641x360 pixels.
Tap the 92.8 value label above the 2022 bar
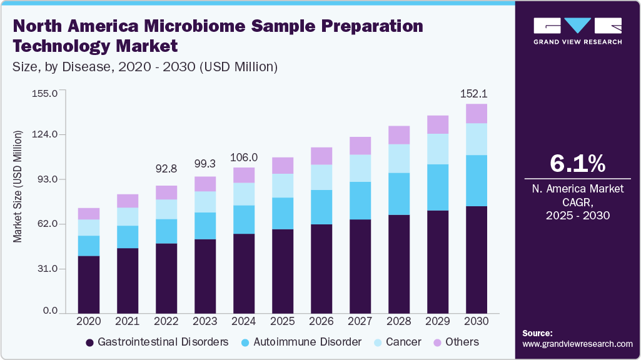(x=167, y=168)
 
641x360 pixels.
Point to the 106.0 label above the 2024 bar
(x=245, y=157)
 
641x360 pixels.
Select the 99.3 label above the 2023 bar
(x=206, y=163)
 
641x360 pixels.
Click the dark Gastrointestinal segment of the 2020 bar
(x=89, y=284)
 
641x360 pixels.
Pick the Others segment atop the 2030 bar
(x=477, y=114)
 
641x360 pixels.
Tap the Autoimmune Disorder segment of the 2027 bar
(x=360, y=201)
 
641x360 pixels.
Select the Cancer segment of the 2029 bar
(x=438, y=149)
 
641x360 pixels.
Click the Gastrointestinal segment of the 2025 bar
(x=283, y=271)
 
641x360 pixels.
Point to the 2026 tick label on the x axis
(x=321, y=321)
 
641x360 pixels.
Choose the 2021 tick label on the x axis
(x=128, y=321)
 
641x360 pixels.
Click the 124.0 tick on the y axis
(x=45, y=134)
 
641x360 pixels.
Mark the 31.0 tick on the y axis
(x=48, y=269)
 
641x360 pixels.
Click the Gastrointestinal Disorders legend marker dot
(x=90, y=342)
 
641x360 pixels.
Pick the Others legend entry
(x=455, y=342)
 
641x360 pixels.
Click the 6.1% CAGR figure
(x=577, y=163)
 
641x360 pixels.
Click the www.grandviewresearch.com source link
(x=577, y=344)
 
